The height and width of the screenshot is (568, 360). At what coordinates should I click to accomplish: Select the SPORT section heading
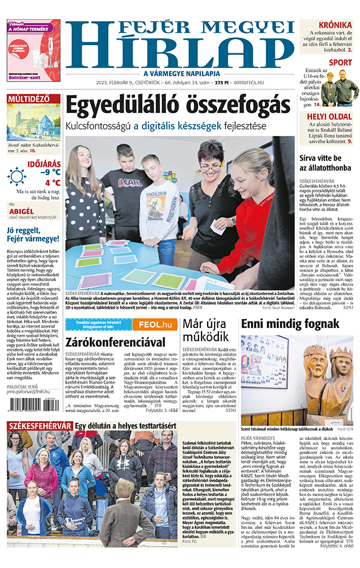(341, 62)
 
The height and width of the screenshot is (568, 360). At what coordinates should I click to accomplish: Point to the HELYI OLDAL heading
(329, 116)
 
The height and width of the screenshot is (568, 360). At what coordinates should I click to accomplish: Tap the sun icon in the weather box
(17, 176)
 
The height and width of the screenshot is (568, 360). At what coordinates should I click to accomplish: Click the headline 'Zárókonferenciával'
(117, 342)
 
